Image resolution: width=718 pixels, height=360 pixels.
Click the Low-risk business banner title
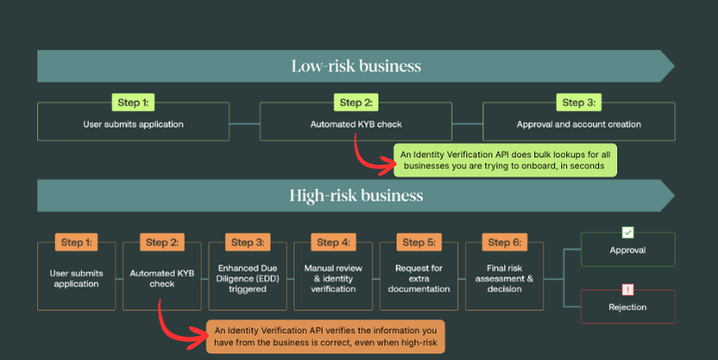click(x=356, y=66)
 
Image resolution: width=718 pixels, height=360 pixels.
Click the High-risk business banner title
click(x=356, y=195)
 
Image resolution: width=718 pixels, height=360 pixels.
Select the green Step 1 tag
click(x=133, y=103)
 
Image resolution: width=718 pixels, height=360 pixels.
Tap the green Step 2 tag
click(x=356, y=103)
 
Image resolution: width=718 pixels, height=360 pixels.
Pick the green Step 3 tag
click(x=578, y=103)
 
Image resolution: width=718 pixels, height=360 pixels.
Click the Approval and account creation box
click(x=578, y=124)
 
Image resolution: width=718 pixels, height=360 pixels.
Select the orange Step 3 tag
click(x=249, y=243)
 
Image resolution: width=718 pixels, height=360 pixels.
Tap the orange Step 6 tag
click(x=504, y=243)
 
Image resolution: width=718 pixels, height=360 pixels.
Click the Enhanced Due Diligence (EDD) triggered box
click(x=249, y=278)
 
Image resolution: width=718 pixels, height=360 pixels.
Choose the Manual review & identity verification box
click(x=333, y=278)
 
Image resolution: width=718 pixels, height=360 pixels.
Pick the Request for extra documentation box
click(x=419, y=278)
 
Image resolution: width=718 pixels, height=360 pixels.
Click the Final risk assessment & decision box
click(x=504, y=278)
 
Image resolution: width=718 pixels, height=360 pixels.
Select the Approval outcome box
click(x=627, y=250)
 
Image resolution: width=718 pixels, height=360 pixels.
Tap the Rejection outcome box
click(x=627, y=306)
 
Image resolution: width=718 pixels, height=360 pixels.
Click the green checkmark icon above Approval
click(x=627, y=232)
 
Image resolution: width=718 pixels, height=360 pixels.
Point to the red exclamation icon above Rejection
click(x=627, y=289)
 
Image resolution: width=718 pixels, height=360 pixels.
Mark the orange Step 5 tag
click(x=419, y=243)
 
